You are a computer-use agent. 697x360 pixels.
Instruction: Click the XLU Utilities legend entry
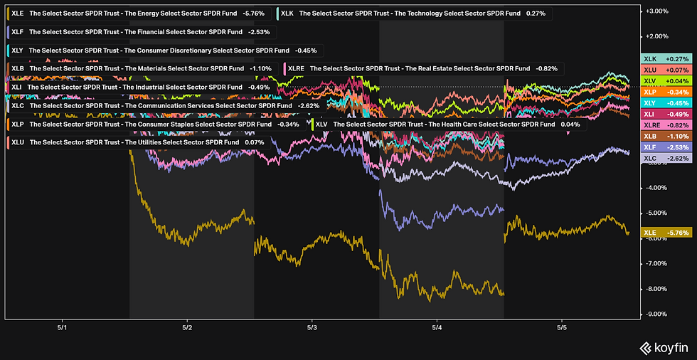[x=135, y=142]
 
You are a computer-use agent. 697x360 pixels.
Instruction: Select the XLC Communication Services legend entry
[x=162, y=105]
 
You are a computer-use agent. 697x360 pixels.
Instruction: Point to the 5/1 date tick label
[x=62, y=327]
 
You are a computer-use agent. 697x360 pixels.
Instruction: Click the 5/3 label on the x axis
[x=312, y=327]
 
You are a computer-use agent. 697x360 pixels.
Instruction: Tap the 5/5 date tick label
[x=562, y=327]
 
